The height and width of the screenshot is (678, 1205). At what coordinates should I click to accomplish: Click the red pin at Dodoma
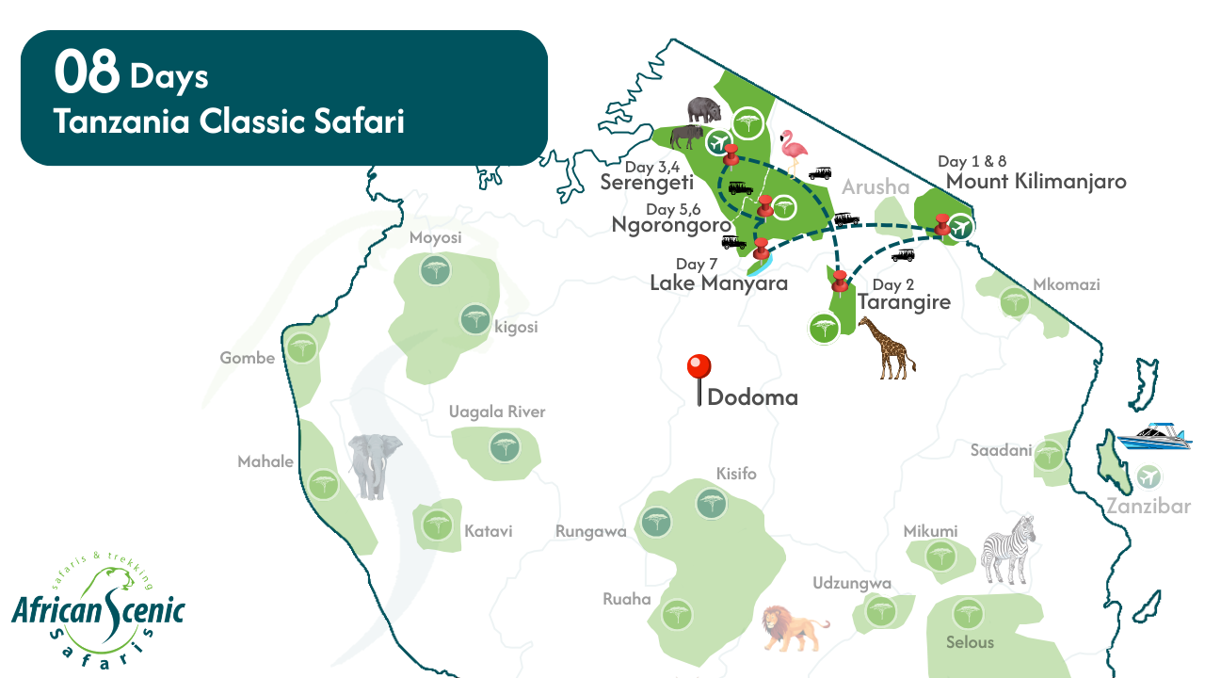point(699,368)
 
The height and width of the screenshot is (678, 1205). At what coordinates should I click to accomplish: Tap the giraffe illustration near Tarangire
point(886,347)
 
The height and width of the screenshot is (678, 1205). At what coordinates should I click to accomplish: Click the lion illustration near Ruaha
point(793,627)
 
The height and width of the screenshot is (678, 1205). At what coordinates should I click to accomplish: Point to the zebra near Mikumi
point(1008,550)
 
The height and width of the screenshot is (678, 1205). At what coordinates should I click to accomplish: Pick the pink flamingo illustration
point(795,152)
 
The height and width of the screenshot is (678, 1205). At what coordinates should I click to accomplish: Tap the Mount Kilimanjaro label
point(1036,182)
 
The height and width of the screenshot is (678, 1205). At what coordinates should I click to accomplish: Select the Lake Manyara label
point(718,282)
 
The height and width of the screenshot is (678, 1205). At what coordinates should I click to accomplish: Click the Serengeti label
point(647,183)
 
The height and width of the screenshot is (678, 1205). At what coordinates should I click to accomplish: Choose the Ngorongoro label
point(671,225)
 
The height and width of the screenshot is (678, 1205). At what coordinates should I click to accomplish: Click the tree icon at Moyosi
point(434,272)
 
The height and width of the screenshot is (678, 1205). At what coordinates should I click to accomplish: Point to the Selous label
point(970,642)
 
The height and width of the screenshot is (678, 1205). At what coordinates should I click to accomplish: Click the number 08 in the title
point(87,73)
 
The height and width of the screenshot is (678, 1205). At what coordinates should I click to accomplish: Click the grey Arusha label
point(876,186)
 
